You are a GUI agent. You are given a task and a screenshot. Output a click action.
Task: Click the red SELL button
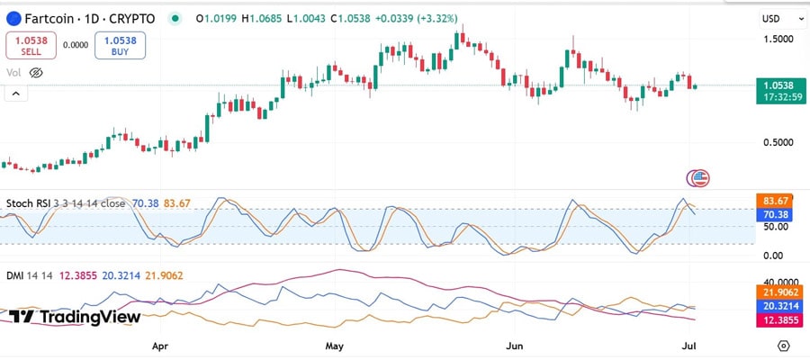(x=31, y=45)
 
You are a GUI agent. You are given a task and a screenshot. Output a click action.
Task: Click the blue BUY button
(x=120, y=45)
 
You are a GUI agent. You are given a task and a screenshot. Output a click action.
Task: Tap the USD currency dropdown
(x=776, y=18)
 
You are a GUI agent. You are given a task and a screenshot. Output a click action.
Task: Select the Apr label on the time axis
(x=160, y=346)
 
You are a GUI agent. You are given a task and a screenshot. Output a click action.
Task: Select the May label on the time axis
(x=335, y=346)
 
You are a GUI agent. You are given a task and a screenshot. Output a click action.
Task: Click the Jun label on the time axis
(x=516, y=346)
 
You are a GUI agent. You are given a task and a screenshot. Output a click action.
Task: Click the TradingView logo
(x=76, y=317)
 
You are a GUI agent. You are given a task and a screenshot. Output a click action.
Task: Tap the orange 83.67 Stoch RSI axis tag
(x=775, y=200)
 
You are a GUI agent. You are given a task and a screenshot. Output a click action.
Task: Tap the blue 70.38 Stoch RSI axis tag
(x=775, y=215)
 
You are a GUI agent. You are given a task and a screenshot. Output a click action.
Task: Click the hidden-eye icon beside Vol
(x=36, y=72)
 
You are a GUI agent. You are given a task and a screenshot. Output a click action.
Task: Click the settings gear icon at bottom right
(x=784, y=346)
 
